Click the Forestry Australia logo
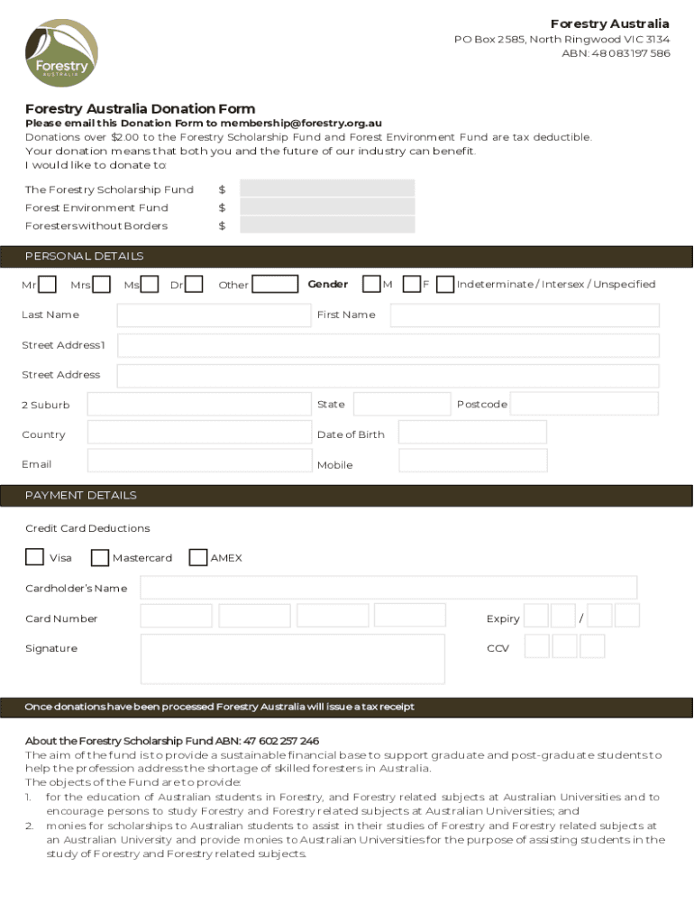[61, 53]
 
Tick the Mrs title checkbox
[102, 285]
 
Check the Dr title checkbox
[193, 285]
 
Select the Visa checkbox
[34, 557]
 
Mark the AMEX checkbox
[198, 557]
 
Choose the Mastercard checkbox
[100, 558]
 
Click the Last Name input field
[213, 315]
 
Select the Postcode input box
[584, 404]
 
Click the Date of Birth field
[472, 433]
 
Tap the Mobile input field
[472, 461]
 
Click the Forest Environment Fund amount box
[327, 206]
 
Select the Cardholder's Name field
[388, 588]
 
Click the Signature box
[293, 658]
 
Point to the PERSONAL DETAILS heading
[84, 256]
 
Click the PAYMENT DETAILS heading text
[81, 495]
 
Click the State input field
[401, 404]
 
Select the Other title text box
[275, 285]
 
